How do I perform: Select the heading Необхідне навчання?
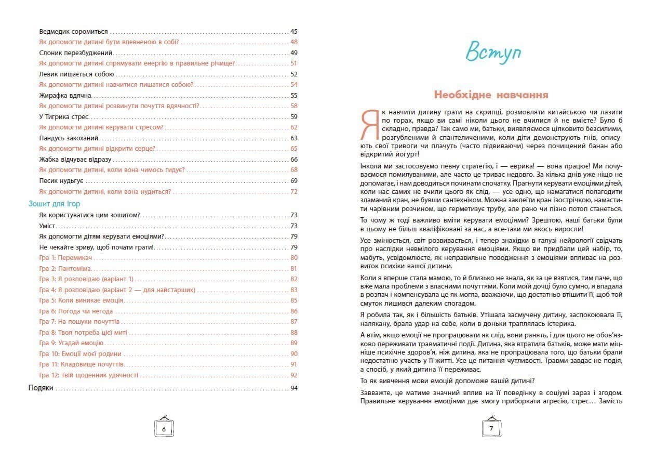point(491,95)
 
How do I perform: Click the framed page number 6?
point(164,429)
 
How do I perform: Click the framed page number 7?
point(491,429)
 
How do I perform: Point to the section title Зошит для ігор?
point(54,204)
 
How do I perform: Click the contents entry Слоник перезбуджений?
point(76,53)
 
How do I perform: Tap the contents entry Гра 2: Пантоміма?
point(65,268)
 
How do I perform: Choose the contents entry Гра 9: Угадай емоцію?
point(71,343)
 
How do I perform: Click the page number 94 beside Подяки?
point(294,388)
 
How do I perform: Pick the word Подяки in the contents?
point(41,388)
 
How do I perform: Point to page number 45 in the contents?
point(294,31)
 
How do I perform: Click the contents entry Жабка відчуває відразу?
point(75,159)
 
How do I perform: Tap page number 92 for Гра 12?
point(294,375)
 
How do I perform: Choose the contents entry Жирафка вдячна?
point(65,95)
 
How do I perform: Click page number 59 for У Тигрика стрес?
point(294,116)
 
